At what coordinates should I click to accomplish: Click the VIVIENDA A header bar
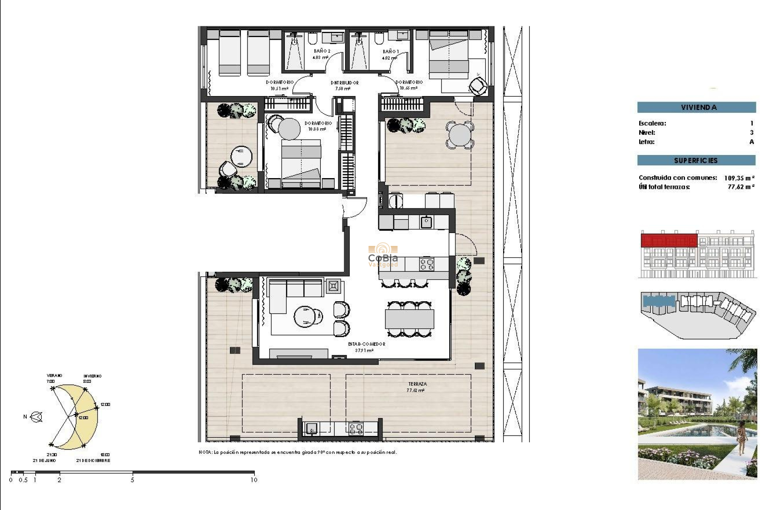696,107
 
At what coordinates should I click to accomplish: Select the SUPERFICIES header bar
696,160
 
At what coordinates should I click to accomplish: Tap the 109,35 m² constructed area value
739,178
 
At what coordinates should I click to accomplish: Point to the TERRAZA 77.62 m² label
417,387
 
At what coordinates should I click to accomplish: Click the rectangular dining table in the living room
409,319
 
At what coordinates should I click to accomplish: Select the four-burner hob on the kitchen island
426,264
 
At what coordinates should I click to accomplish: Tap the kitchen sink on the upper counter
426,222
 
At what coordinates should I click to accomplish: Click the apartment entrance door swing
354,207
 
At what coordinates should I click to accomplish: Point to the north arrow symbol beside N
37,417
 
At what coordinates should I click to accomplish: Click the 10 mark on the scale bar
254,480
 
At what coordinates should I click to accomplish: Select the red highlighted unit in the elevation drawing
669,241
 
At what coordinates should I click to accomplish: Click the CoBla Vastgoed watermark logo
383,255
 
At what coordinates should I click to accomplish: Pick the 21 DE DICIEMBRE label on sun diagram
93,460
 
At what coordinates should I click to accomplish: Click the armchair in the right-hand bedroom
478,86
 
